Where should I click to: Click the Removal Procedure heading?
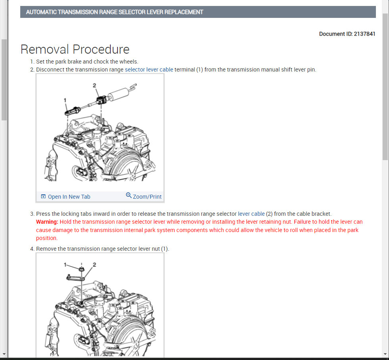click(x=75, y=49)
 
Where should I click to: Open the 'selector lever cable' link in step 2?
click(x=149, y=70)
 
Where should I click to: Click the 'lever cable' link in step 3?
click(x=251, y=214)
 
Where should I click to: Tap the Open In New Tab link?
click(x=69, y=197)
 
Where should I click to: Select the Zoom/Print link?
click(x=147, y=197)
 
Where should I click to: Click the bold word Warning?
click(x=47, y=222)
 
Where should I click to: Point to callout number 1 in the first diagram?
click(x=65, y=100)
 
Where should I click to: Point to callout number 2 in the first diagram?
click(x=94, y=85)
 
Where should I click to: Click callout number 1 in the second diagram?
click(x=66, y=264)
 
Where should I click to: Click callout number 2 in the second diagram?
click(x=94, y=264)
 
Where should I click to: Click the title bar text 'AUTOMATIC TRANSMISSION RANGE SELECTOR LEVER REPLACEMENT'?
click(x=114, y=12)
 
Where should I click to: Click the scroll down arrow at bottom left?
click(x=4, y=354)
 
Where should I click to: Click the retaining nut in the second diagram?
click(x=81, y=270)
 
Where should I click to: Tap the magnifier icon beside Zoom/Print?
click(x=129, y=195)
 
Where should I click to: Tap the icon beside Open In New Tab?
click(x=43, y=197)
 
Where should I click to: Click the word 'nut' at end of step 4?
click(x=156, y=249)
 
